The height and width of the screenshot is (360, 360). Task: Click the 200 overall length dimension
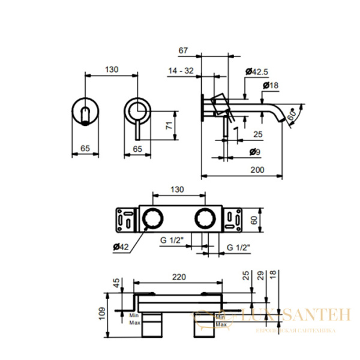tap(257, 170)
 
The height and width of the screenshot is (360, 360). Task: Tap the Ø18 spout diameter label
tap(271, 86)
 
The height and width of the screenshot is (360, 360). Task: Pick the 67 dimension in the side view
tap(184, 52)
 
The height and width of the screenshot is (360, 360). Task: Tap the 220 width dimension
tap(178, 277)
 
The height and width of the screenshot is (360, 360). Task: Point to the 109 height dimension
tap(101, 311)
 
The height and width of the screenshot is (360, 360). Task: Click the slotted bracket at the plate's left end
tap(127, 219)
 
